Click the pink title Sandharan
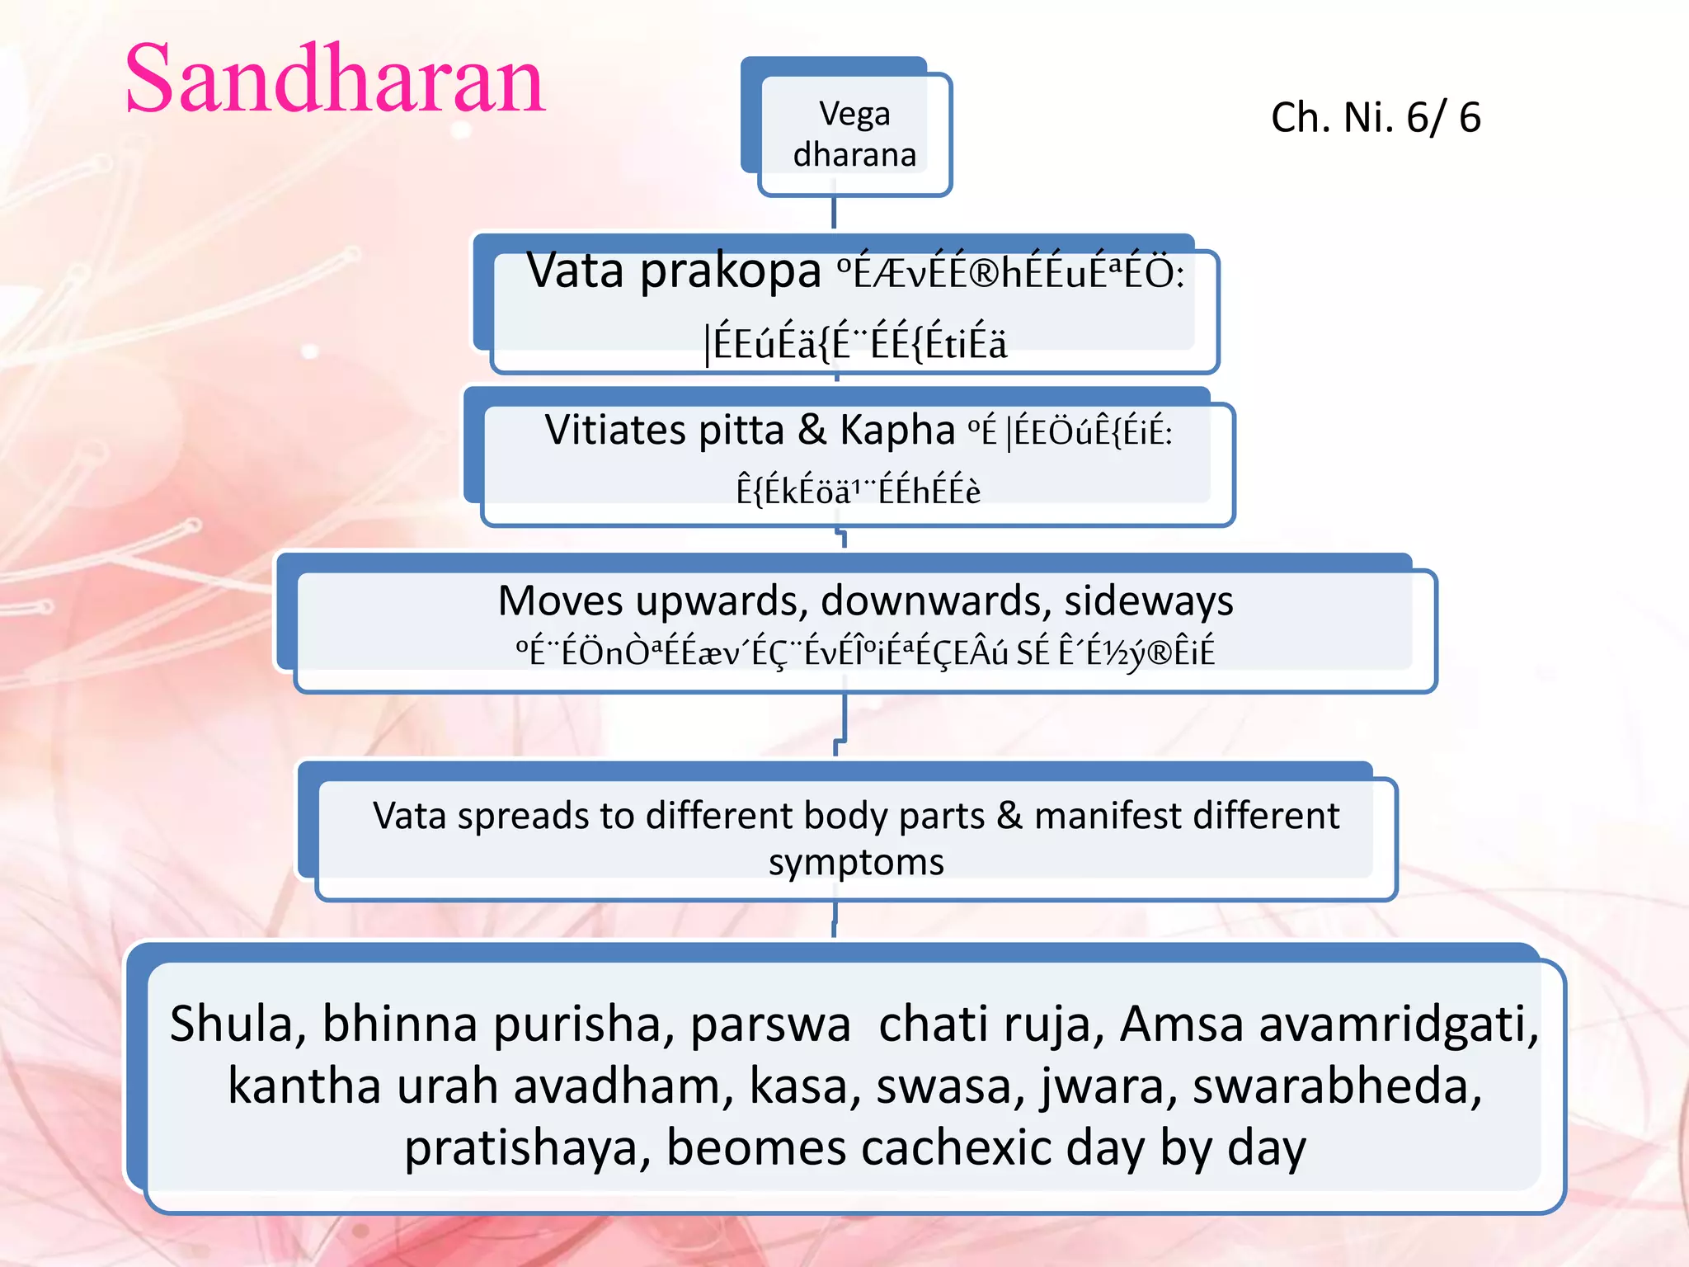coord(335,81)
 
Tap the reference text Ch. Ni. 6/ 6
coord(1376,117)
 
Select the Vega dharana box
coord(854,134)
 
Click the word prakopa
coord(730,272)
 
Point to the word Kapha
coord(897,430)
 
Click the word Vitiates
coord(615,430)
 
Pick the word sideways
coord(1148,601)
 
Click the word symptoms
coord(856,863)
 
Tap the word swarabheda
coord(1337,1086)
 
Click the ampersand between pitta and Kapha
coord(812,430)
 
